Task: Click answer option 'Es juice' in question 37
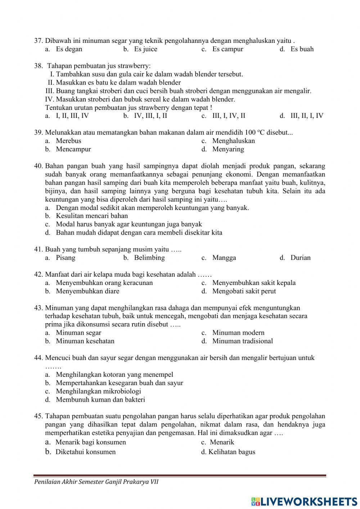145,49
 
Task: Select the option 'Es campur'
228,49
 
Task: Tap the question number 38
39,66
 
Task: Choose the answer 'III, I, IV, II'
229,116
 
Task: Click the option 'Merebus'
68,141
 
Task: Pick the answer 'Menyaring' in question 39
228,149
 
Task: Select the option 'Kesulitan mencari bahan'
92,216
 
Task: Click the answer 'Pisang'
66,258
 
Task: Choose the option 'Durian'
300,258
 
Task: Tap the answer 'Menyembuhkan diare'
87,291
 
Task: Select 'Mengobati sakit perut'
244,291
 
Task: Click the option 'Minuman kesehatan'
85,341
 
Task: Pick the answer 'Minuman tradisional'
242,341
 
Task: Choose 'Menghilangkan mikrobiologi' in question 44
98,391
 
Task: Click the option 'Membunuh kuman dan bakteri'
100,399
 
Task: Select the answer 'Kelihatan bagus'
231,452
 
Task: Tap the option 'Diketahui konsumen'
85,452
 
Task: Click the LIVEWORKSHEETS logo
304,501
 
